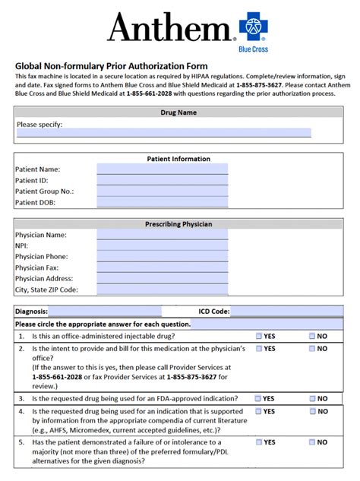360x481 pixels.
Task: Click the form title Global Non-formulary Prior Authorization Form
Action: [111, 66]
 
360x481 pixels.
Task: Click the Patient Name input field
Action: [162, 169]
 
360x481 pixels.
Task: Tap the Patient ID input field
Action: [162, 181]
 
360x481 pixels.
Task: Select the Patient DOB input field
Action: [162, 203]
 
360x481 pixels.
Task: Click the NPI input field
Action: [162, 246]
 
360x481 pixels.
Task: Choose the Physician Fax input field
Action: [162, 268]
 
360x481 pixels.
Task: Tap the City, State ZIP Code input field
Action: [162, 290]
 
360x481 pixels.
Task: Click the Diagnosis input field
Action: [105, 312]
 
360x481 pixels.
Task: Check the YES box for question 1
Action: [260, 336]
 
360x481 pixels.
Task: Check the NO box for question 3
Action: [312, 398]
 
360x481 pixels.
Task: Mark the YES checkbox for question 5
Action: [260, 442]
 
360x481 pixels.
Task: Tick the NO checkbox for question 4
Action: [312, 412]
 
